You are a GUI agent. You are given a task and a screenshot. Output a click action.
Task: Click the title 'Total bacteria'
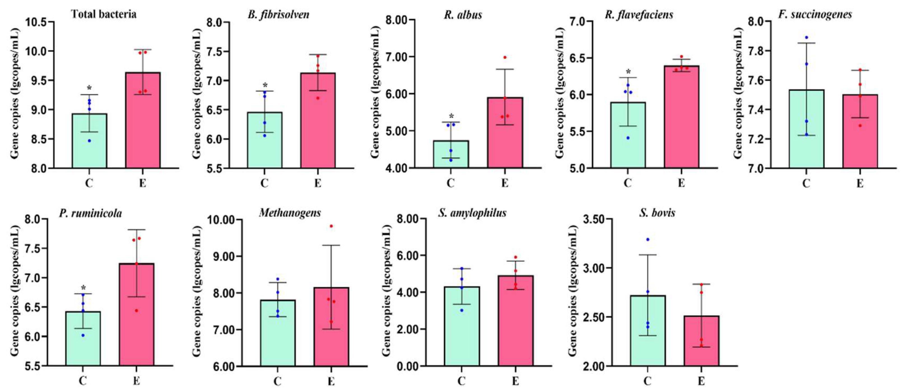click(x=103, y=14)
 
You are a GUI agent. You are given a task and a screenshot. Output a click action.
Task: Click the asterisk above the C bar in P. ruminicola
click(x=83, y=288)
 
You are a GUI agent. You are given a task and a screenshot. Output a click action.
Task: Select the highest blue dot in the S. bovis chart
click(x=648, y=239)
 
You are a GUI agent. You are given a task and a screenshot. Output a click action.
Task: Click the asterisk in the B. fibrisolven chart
click(x=265, y=85)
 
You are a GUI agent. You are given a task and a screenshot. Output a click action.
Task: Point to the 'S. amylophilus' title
click(x=472, y=213)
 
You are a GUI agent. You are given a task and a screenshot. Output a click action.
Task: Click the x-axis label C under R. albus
click(x=451, y=183)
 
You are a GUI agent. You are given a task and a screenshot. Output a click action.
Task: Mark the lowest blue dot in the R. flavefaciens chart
click(x=628, y=138)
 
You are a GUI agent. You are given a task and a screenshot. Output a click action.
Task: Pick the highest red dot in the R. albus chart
click(x=505, y=57)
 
